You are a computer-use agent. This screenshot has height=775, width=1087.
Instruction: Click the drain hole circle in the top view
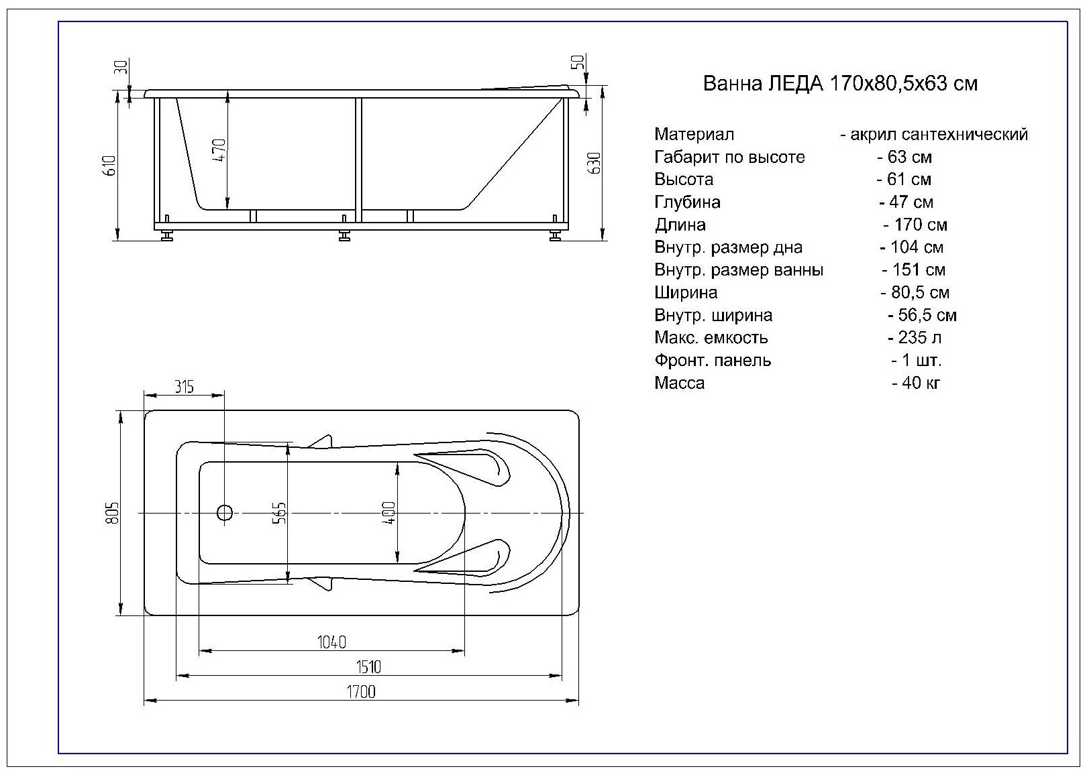pos(224,513)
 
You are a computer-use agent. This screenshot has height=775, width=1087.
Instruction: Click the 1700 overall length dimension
pos(361,691)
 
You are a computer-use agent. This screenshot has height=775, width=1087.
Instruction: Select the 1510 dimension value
pos(368,666)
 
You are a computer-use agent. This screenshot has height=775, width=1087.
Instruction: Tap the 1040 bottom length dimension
pos(331,642)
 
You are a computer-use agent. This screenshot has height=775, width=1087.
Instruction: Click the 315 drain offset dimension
pos(184,387)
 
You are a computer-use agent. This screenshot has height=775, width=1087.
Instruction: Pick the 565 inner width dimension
pos(280,513)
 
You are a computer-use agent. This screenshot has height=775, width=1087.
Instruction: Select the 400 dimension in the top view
pos(391,513)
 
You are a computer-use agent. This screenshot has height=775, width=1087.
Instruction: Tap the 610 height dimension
pos(111,166)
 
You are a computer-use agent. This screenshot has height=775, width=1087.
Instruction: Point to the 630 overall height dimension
pos(594,163)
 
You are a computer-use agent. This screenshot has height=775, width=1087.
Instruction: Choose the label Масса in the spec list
pos(679,383)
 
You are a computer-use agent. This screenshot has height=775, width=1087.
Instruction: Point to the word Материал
pos(694,135)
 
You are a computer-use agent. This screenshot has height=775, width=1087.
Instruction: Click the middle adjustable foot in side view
pos(345,235)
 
